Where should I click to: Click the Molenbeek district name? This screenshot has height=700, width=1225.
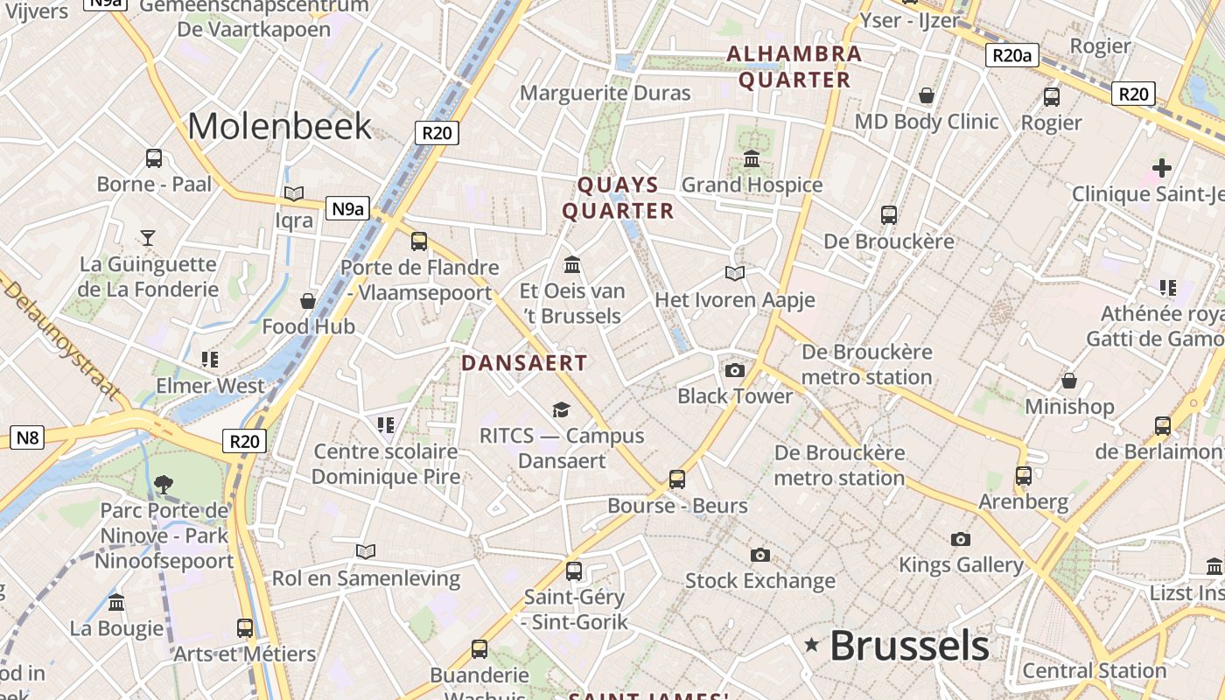[x=280, y=127]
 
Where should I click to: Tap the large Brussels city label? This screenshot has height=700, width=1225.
[x=909, y=647]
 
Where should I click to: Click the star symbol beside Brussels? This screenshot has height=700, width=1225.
[x=812, y=646]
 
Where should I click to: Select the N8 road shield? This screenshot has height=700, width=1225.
[x=28, y=437]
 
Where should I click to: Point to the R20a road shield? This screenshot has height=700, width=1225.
[x=1012, y=56]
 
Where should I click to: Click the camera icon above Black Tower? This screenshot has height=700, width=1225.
[x=735, y=370]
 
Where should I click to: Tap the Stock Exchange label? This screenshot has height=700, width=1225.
[x=759, y=580]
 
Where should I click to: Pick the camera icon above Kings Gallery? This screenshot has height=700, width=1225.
[x=961, y=539]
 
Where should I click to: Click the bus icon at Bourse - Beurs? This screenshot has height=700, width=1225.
[x=677, y=479]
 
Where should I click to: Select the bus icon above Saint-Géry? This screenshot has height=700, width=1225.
[x=574, y=570]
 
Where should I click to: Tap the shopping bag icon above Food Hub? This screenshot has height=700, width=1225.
[x=308, y=301]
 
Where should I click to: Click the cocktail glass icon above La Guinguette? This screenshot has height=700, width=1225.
[x=148, y=237]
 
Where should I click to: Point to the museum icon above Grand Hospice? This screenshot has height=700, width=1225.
[x=752, y=158]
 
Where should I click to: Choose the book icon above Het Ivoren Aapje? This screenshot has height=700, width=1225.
[x=735, y=274]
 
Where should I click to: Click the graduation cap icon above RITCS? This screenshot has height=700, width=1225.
[x=561, y=409]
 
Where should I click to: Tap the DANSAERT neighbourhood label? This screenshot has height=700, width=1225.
[x=524, y=362]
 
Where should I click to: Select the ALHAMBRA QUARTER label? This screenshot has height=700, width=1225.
[x=794, y=66]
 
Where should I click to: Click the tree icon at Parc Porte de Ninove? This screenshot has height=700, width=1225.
[x=163, y=484]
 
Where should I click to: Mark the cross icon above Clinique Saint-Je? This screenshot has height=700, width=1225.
[x=1161, y=167]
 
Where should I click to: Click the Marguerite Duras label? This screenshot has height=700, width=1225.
[x=605, y=93]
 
